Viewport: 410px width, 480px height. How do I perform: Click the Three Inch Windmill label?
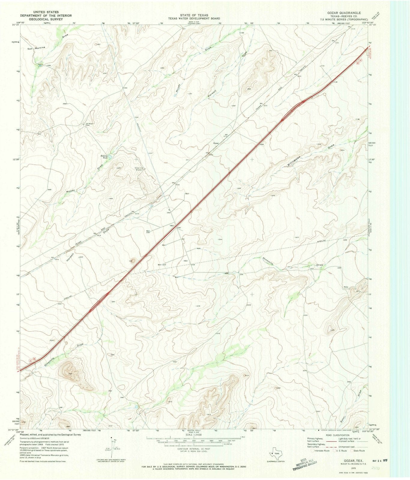point(139,169)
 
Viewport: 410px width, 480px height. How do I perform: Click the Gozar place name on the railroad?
point(216,143)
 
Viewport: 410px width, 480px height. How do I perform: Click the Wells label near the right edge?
point(346,287)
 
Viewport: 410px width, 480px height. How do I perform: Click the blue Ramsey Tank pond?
point(110,157)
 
